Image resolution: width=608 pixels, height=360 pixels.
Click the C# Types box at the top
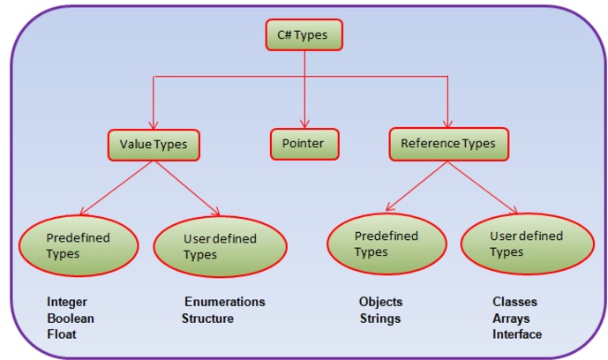pos(304,34)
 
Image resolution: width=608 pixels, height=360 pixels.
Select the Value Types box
pos(154,143)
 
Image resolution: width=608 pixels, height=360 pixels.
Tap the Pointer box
pos(304,143)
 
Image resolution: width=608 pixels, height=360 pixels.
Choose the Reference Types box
pos(448,143)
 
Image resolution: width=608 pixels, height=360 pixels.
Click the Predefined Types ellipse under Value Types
pos(79,244)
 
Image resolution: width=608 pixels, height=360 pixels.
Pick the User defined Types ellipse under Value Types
pos(220,246)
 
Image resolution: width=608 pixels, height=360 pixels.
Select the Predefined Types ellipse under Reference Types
pos(385,244)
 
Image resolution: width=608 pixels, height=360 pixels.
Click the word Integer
pos(68,302)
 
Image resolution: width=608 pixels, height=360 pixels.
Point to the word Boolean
pos(71,318)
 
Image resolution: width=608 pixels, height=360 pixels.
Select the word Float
pos(62,334)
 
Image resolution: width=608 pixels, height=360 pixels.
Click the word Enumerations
pos(224,302)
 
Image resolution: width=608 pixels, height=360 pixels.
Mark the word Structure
pos(208,318)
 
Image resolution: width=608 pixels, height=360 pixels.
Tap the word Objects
pos(380,302)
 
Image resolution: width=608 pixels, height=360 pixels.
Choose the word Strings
pos(379,318)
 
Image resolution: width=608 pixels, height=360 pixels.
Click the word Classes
pos(514,302)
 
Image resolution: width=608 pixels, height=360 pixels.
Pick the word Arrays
pos(513,318)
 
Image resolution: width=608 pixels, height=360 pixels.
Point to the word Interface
pos(517,334)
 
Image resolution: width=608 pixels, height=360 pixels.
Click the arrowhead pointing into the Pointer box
pos(304,124)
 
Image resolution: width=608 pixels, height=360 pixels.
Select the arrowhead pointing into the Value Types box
pos(154,124)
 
